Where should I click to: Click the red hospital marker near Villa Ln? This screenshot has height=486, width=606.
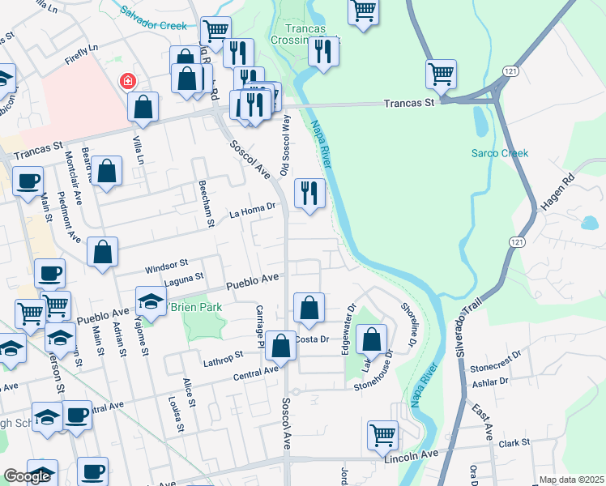[x=127, y=81]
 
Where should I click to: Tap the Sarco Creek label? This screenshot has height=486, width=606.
[x=500, y=153]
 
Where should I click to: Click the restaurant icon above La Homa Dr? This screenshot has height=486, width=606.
[x=309, y=193]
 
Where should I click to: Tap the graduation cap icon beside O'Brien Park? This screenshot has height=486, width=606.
[x=151, y=302]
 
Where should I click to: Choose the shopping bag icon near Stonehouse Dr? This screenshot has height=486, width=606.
[x=371, y=339]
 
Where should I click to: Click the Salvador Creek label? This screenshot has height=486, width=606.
[x=153, y=13]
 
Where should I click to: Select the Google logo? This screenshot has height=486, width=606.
[x=27, y=477]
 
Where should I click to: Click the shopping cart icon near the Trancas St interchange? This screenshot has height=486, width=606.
[x=441, y=74]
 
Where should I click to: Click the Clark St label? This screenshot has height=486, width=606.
[x=514, y=443]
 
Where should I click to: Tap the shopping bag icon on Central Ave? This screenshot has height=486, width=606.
[x=280, y=346]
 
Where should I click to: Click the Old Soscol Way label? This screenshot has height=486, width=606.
[x=284, y=145]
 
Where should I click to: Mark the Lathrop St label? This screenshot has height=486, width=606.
[x=224, y=356]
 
